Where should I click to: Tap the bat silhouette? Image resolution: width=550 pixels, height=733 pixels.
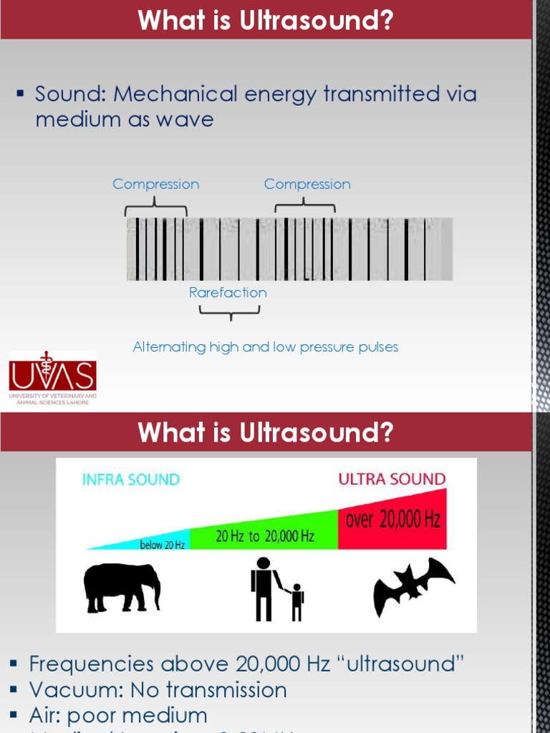pyautogui.click(x=414, y=586)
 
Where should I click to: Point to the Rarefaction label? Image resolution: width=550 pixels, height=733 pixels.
pyautogui.click(x=228, y=293)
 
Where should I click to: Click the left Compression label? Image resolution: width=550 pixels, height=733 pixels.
pyautogui.click(x=156, y=185)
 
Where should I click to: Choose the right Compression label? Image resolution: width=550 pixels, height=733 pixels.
pyautogui.click(x=307, y=185)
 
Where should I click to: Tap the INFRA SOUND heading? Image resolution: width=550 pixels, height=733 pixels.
pyautogui.click(x=131, y=480)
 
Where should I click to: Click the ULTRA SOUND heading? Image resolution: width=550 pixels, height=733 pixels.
pyautogui.click(x=392, y=480)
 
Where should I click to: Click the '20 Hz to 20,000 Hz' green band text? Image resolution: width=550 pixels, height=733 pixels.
pyautogui.click(x=264, y=536)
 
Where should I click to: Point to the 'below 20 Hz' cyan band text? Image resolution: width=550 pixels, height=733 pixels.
pyautogui.click(x=162, y=545)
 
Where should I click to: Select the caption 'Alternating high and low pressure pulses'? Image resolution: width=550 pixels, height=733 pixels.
pyautogui.click(x=265, y=347)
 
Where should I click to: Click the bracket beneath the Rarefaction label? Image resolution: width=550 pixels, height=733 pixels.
pyautogui.click(x=229, y=312)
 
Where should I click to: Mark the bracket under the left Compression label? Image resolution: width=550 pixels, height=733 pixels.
pyautogui.click(x=156, y=209)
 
